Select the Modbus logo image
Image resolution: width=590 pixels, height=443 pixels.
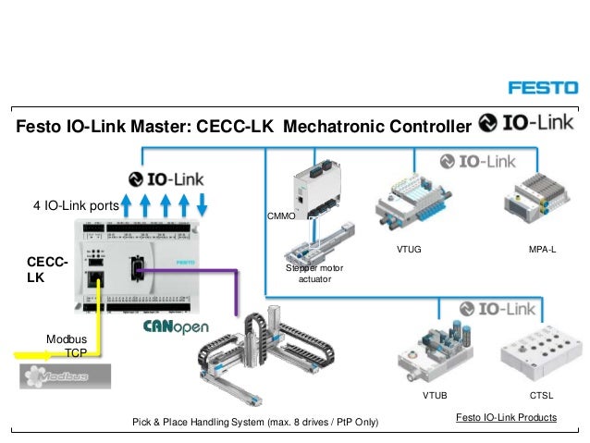point(65,376)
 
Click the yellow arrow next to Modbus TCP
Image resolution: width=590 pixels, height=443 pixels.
point(37,353)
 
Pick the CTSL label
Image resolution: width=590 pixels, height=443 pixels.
point(541,395)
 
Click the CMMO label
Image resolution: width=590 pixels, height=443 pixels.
point(280,215)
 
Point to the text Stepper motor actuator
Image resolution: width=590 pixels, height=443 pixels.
point(314,273)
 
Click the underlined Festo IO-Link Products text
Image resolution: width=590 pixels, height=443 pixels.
point(507,418)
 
